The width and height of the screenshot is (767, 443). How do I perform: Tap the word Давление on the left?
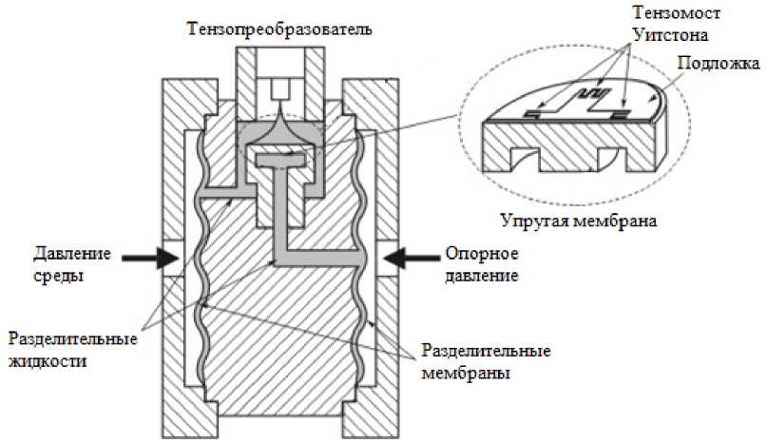[73, 254]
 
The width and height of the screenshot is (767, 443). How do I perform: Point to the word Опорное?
[480, 254]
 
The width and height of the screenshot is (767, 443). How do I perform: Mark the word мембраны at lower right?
[467, 373]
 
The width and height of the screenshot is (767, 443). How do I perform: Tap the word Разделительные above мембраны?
[486, 352]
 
